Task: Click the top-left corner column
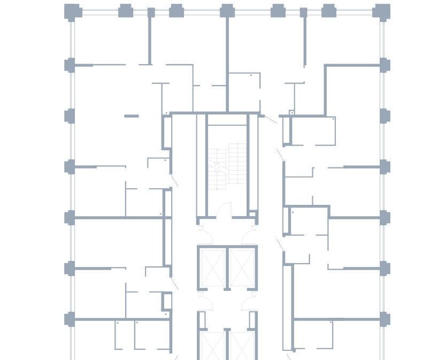[x=72, y=11]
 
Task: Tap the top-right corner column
[x=381, y=11]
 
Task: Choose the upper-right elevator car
[x=242, y=266]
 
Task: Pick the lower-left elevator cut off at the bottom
[x=213, y=345]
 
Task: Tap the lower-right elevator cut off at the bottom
[x=242, y=345]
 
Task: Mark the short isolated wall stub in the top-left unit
[x=132, y=116]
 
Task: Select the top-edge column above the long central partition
[x=227, y=10]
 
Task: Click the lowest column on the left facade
[x=70, y=320]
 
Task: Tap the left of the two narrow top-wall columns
[x=151, y=12]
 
